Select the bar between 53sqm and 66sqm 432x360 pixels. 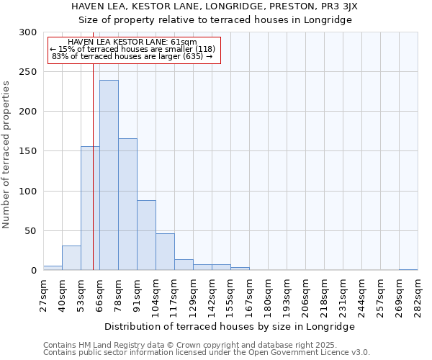[x=90, y=208]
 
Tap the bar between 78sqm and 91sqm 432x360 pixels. [x=127, y=204]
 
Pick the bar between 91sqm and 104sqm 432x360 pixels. [x=146, y=235]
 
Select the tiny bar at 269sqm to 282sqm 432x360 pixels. [x=408, y=269]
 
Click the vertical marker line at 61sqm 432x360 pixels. [x=93, y=144]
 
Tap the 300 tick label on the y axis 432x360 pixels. [x=28, y=32]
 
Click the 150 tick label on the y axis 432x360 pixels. [x=28, y=151]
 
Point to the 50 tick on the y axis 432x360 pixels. [x=31, y=231]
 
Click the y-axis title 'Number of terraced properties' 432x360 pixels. [x=6, y=155]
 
